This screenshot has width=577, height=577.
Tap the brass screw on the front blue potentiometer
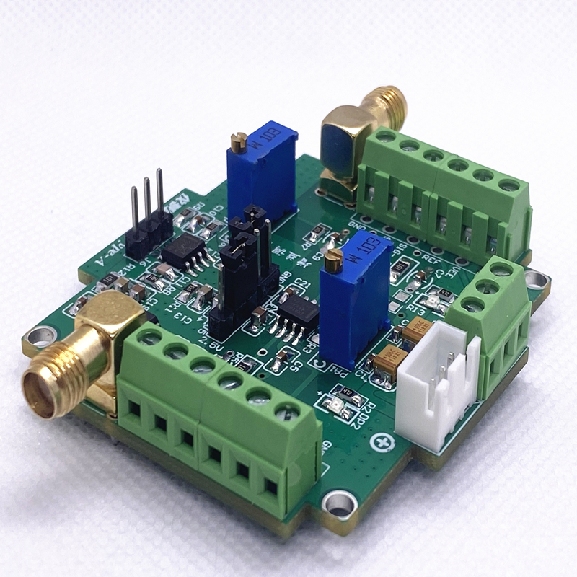(332, 255)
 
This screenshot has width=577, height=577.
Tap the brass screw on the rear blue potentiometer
(240, 138)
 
